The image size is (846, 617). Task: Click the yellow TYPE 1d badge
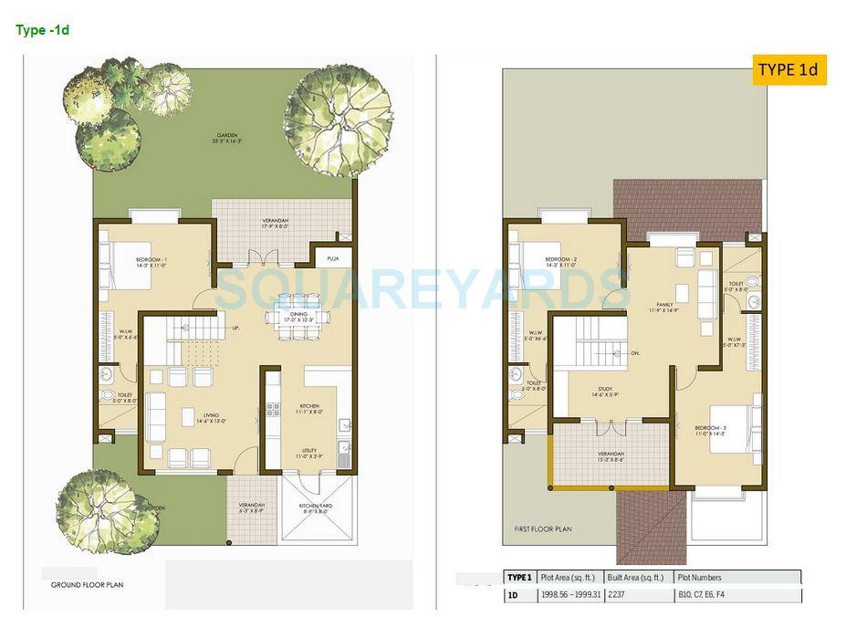pos(789,69)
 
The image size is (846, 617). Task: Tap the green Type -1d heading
pos(42,30)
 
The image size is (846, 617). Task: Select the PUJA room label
pos(332,258)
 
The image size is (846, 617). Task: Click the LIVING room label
pos(211,417)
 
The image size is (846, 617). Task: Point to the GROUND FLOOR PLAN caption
pos(88,584)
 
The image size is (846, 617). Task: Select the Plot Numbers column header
pos(699,577)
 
